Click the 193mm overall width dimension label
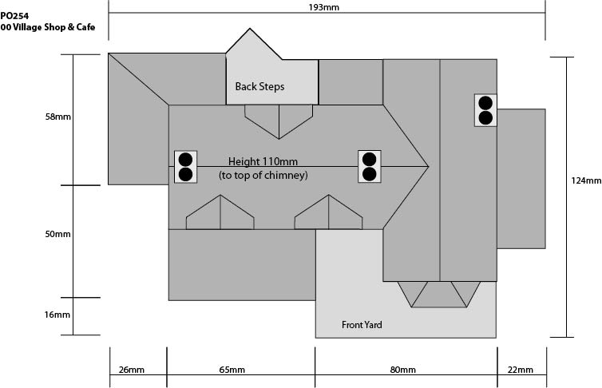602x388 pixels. coord(323,7)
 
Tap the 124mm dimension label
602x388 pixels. coord(586,180)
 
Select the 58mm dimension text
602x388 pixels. coord(58,117)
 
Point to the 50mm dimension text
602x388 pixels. coord(58,234)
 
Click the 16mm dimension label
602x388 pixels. coord(57,315)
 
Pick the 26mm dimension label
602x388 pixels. coord(131,370)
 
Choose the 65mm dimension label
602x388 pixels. coord(232,370)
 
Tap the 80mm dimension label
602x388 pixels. coord(402,370)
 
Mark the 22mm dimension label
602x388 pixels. coord(521,370)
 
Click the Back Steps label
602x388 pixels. coord(260,87)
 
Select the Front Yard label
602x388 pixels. coord(362,325)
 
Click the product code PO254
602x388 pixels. coord(14,16)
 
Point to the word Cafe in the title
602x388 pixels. coord(85,27)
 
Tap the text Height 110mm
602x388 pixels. coord(263,161)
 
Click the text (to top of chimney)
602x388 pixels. coord(263,176)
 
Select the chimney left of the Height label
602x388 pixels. coord(186,167)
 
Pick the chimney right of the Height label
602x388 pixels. coord(370,167)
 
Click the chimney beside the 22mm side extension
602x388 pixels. coord(485,110)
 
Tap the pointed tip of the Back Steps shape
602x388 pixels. coord(250,29)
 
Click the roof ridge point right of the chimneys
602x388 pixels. coord(429,167)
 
